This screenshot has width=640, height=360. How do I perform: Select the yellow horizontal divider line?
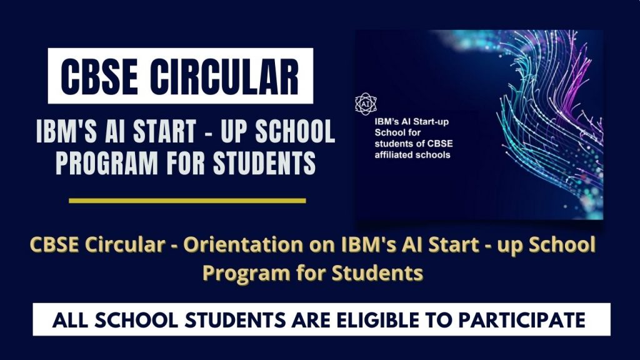coord(187,201)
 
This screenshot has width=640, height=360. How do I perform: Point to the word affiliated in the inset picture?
coord(393,155)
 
